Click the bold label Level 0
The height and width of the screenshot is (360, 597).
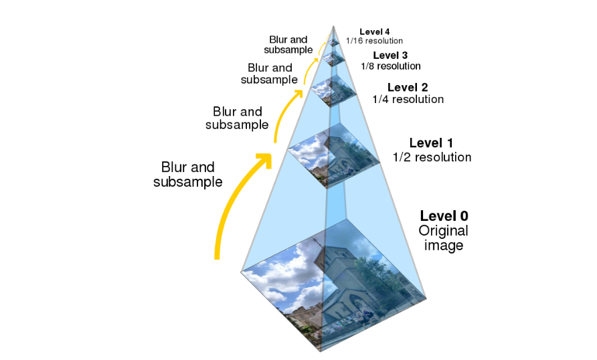click(x=444, y=216)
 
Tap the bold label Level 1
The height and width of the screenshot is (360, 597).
click(x=431, y=143)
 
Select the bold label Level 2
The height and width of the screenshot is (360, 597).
click(x=408, y=87)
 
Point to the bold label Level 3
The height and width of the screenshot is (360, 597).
click(x=390, y=55)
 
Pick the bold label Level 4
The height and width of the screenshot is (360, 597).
click(x=374, y=31)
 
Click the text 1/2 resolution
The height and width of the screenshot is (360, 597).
click(x=432, y=157)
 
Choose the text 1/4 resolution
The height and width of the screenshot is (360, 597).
click(x=408, y=100)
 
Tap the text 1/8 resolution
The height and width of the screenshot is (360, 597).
click(x=390, y=66)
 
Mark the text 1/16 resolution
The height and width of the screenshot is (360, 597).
click(x=374, y=41)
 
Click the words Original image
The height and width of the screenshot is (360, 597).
click(x=443, y=238)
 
